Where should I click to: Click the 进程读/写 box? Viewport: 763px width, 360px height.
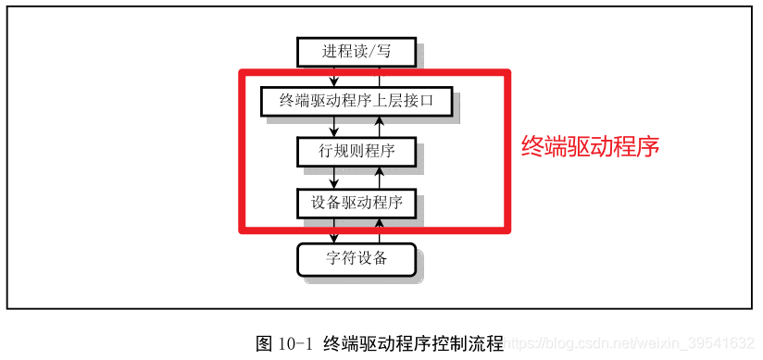pos(356,52)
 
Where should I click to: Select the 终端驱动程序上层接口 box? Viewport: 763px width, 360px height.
pos(356,101)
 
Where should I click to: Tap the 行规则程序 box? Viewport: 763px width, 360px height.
pos(356,151)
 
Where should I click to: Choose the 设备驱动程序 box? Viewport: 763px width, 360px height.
pos(356,203)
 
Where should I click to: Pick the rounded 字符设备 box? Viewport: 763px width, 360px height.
pos(356,258)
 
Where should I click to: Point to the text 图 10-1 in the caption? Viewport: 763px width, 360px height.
pos(285,343)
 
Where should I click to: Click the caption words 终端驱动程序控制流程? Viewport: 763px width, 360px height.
pos(413,343)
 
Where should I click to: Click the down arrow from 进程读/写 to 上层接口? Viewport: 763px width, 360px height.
pos(334,76)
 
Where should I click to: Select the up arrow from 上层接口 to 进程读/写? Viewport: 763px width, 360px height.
pos(378,76)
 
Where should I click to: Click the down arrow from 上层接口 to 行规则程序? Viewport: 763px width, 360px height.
pos(334,127)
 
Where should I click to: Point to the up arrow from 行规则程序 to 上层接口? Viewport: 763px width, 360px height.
pos(378,127)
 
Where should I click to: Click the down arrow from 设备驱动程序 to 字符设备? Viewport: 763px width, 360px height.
pos(334,230)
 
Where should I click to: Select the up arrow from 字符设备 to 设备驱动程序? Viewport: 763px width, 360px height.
pos(378,230)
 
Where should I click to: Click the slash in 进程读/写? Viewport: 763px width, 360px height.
pos(371,52)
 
